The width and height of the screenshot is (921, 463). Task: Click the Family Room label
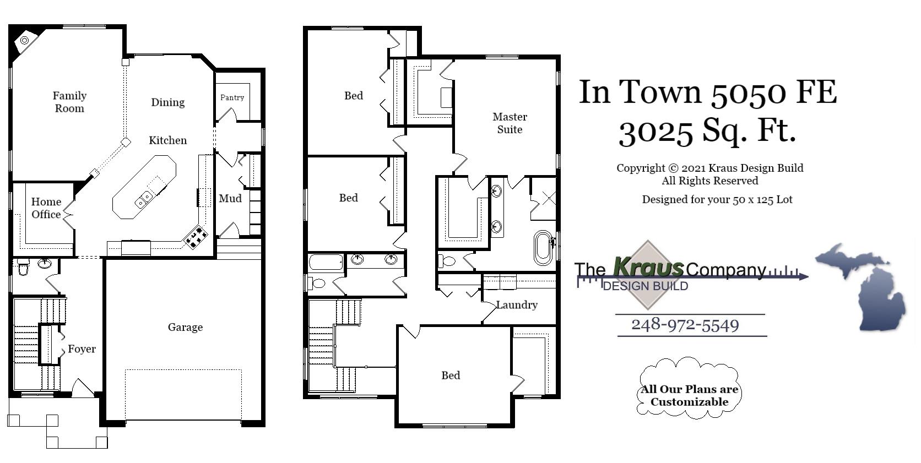pyautogui.click(x=69, y=102)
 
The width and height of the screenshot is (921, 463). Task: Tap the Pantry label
pyautogui.click(x=232, y=97)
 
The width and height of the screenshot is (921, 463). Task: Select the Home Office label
pyautogui.click(x=46, y=208)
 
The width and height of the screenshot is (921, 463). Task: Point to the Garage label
pyautogui.click(x=185, y=327)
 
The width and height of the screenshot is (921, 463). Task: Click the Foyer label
pyautogui.click(x=82, y=349)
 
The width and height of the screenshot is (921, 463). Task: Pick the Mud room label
pyautogui.click(x=230, y=198)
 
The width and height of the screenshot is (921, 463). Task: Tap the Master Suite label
pyautogui.click(x=510, y=123)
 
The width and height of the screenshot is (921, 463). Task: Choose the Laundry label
pyautogui.click(x=516, y=304)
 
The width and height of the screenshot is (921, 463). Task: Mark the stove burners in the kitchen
pyautogui.click(x=197, y=237)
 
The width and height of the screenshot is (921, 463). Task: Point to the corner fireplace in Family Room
pyautogui.click(x=24, y=41)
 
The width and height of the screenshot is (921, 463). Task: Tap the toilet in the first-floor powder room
pyautogui.click(x=23, y=269)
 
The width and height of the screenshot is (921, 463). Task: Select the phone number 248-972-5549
pyautogui.click(x=685, y=325)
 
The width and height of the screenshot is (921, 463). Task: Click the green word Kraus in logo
pyautogui.click(x=648, y=268)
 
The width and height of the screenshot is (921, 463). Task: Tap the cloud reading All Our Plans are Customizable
pyautogui.click(x=689, y=395)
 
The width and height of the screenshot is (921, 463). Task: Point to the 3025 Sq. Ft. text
pyautogui.click(x=707, y=132)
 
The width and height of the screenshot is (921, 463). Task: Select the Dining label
pyautogui.click(x=168, y=102)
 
